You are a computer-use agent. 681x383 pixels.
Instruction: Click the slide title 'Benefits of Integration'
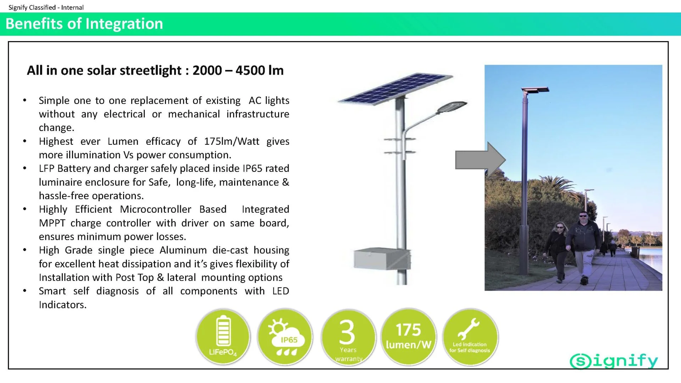click(84, 24)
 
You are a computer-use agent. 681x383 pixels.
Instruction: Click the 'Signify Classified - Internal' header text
click(46, 7)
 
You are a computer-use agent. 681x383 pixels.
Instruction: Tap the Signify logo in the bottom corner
click(614, 361)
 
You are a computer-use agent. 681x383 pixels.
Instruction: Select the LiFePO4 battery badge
click(223, 337)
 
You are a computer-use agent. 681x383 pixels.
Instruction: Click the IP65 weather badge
click(285, 337)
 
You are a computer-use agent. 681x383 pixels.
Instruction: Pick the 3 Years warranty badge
click(348, 337)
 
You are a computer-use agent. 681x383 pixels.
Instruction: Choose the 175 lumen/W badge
click(409, 337)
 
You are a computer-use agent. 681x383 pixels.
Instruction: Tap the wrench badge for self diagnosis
click(470, 337)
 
